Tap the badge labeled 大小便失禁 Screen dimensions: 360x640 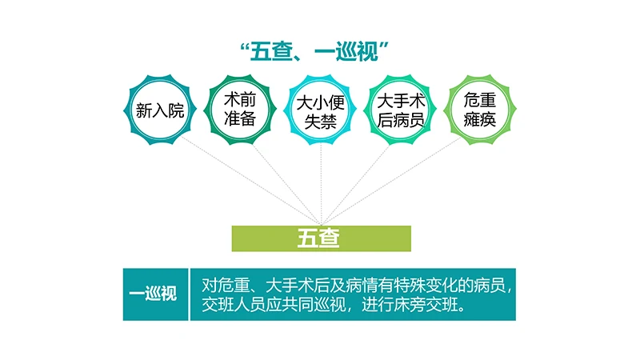(x=319, y=110)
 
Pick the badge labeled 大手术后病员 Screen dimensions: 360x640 (x=400, y=110)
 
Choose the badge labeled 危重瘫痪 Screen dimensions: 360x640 (x=480, y=110)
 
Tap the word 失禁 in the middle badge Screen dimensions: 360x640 (x=319, y=122)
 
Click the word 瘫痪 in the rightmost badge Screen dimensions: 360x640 (x=480, y=121)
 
